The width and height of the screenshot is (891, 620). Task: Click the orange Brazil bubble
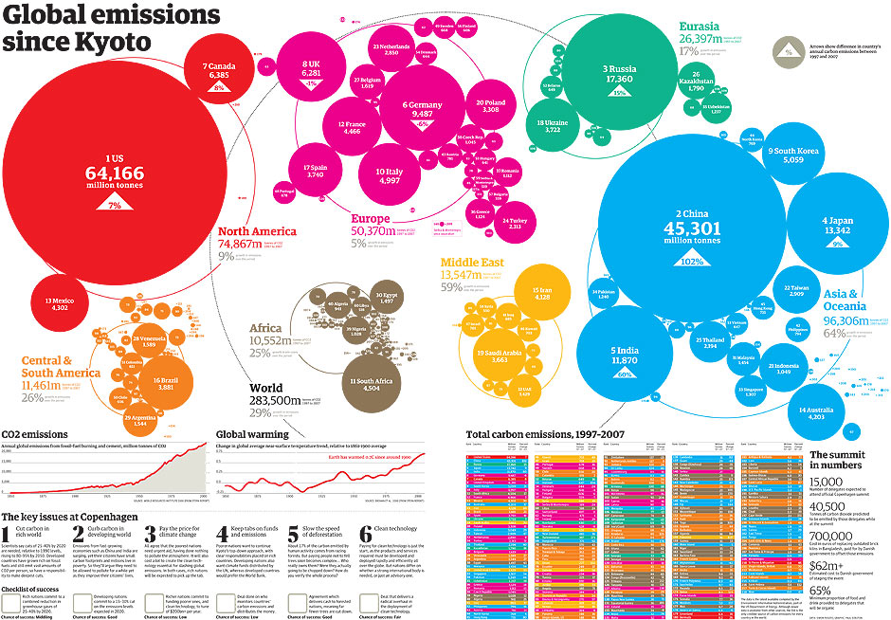tap(165, 382)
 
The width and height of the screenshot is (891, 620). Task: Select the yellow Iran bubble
tap(542, 293)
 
